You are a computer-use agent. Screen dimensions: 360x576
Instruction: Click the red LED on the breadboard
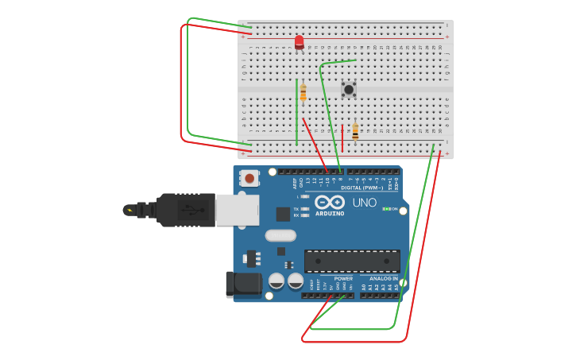[299, 42]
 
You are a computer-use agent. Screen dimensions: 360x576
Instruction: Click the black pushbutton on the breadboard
[348, 90]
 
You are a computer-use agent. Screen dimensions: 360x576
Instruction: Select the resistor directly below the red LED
[303, 92]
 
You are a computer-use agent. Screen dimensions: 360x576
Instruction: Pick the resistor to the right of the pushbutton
[355, 131]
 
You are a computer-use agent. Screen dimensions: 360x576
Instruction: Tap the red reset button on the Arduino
[249, 178]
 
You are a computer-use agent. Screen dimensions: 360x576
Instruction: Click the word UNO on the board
[365, 203]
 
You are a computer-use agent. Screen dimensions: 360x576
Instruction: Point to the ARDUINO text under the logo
[330, 213]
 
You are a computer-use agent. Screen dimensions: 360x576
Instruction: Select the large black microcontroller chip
[352, 261]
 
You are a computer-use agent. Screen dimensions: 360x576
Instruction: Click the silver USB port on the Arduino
[238, 210]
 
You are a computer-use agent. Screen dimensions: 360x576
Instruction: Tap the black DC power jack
[242, 285]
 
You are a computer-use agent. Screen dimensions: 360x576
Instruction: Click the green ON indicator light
[386, 209]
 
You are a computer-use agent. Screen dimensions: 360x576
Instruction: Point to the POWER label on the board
[343, 279]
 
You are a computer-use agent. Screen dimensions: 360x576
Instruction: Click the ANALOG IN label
[383, 279]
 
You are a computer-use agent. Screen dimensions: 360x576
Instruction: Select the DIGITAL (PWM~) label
[361, 188]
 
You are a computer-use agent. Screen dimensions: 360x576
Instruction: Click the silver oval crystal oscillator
[280, 235]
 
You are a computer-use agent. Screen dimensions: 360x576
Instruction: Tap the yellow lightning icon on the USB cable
[129, 210]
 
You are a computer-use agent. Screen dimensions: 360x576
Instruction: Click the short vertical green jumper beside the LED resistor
[296, 111]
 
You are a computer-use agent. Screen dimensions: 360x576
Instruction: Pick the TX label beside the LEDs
[296, 208]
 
